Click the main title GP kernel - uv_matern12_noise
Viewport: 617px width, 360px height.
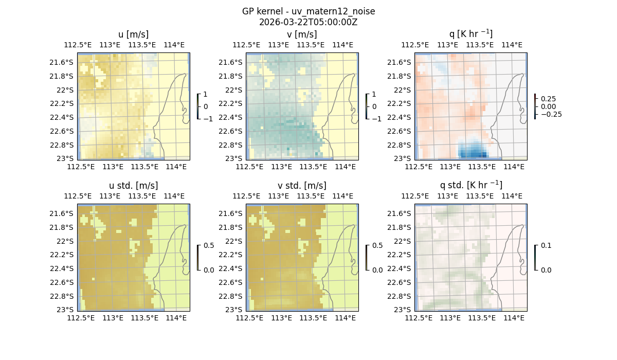pos(308,11)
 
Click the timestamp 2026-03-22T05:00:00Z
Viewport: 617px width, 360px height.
pos(308,22)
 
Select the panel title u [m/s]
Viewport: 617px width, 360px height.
pos(134,34)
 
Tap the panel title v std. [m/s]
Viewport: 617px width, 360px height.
pos(302,186)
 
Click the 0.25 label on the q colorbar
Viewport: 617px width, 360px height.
pos(548,99)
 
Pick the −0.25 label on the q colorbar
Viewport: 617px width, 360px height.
pos(550,114)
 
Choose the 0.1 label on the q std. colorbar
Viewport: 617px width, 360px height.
pos(546,246)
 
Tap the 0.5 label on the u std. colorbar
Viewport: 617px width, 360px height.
pos(209,246)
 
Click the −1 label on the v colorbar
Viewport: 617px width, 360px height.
pos(377,119)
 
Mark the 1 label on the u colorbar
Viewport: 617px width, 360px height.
pos(206,95)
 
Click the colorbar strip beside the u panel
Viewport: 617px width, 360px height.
pos(198,106)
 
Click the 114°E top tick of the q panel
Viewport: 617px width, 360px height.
pos(512,45)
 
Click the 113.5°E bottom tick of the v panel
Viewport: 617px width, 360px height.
pos(313,167)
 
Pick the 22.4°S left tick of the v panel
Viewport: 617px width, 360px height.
pos(234,117)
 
